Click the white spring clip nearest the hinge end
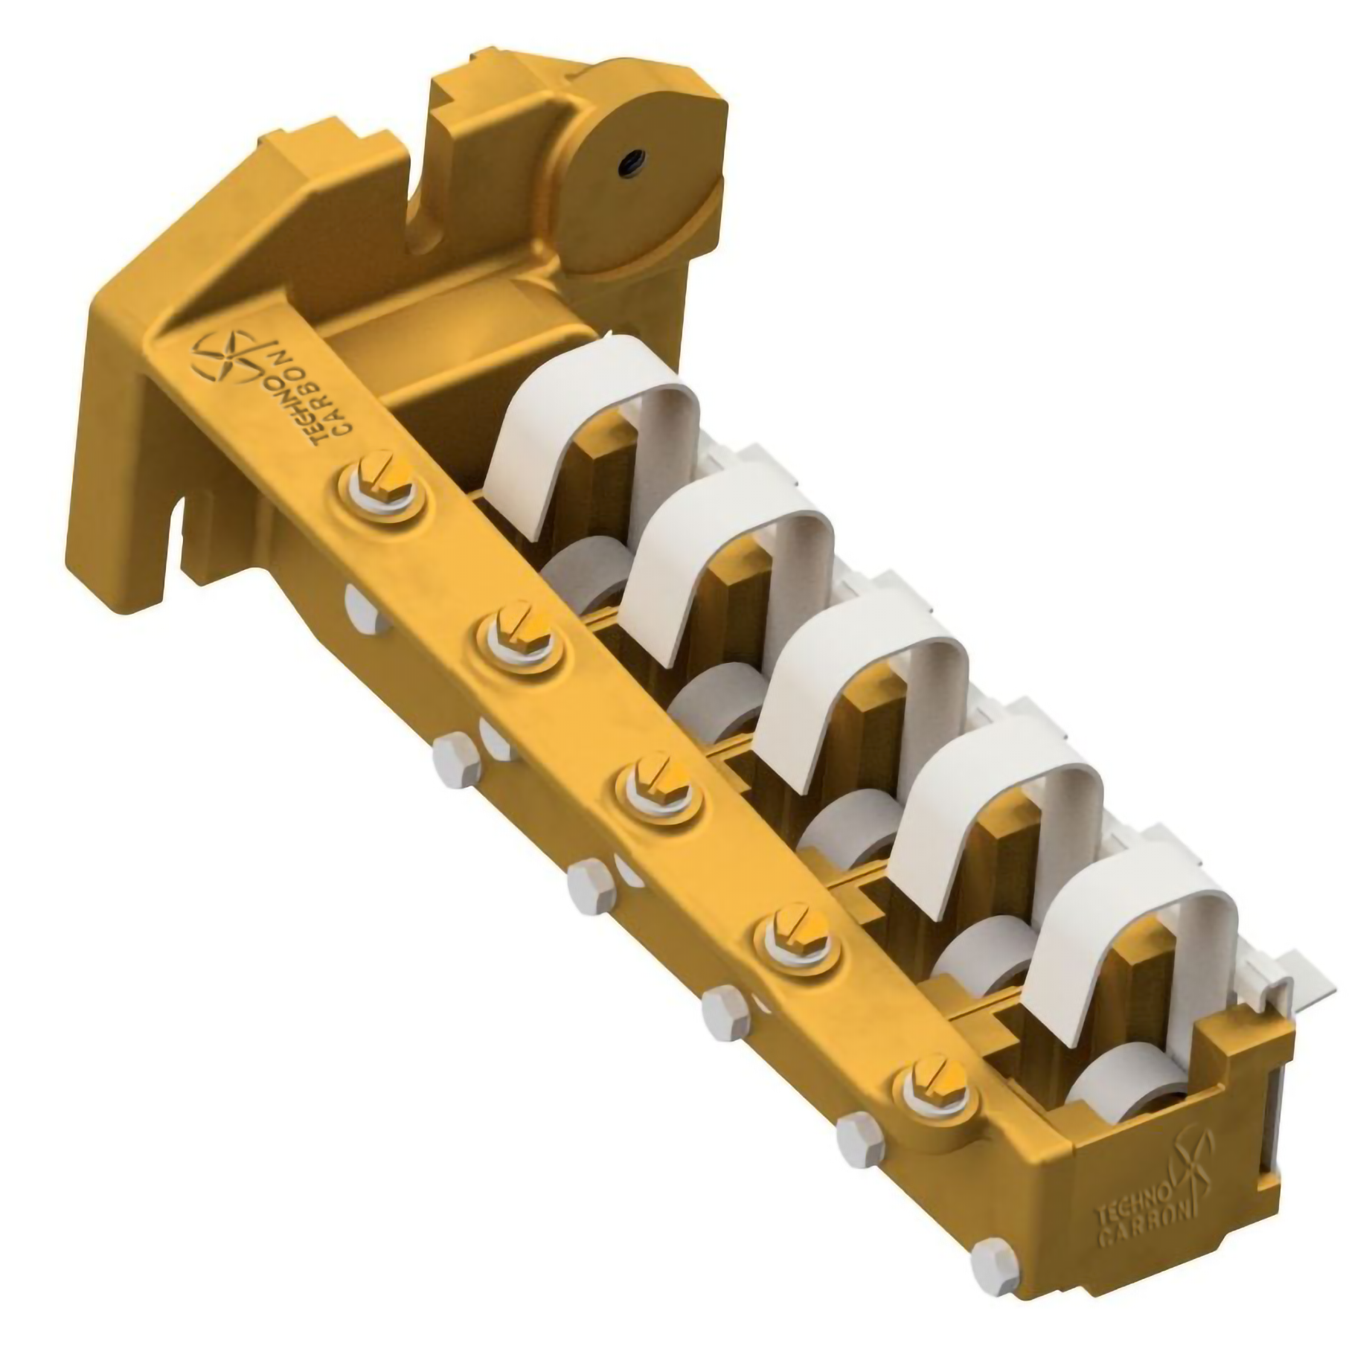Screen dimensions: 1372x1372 (595, 417)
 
